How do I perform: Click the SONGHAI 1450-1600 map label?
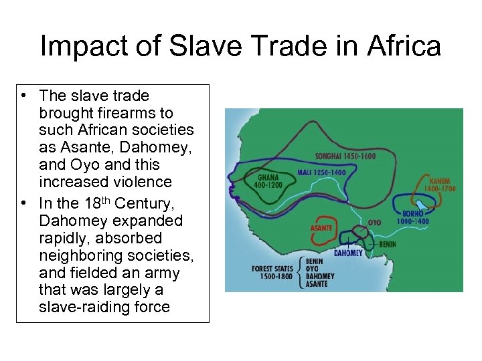345,156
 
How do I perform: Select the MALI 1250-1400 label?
322,172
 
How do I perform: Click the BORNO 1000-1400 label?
412,218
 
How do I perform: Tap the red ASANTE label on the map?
321,228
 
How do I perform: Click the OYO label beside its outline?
374,222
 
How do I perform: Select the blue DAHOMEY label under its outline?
348,253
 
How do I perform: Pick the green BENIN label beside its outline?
387,244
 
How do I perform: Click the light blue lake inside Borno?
421,205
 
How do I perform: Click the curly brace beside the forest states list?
300,271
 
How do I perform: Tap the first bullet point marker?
23,95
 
